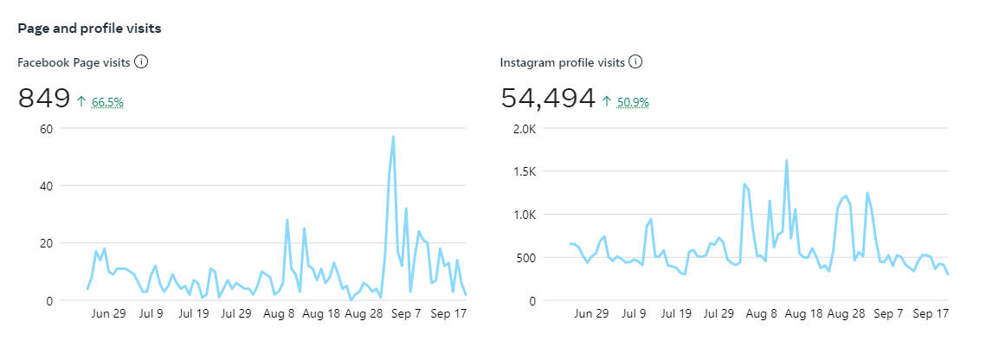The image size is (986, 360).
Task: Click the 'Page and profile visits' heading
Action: click(x=89, y=29)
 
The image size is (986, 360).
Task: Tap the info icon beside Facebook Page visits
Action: click(x=141, y=62)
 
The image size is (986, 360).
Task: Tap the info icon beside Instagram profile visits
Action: click(x=635, y=62)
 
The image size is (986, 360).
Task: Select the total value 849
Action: click(x=44, y=99)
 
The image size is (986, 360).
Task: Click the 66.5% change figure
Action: click(x=107, y=102)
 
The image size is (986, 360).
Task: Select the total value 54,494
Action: click(x=548, y=99)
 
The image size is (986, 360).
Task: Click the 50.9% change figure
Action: click(x=633, y=102)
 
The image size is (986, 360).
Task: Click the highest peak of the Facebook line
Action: click(x=394, y=137)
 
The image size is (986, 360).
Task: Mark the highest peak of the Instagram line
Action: click(x=786, y=161)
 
